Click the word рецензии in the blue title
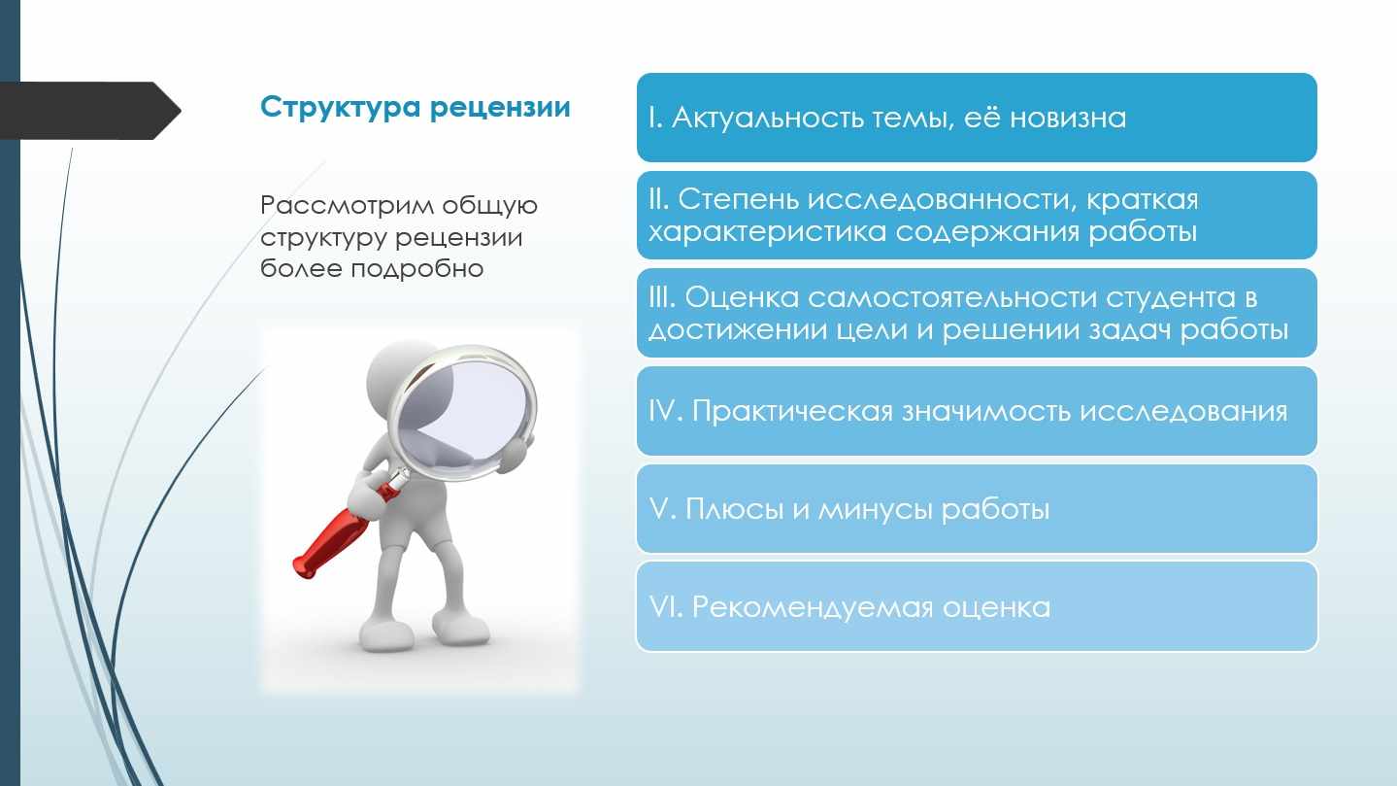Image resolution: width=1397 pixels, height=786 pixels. pos(500,108)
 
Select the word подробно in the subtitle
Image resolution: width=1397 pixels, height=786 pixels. pos(417,269)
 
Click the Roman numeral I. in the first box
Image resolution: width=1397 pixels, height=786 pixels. pos(655,118)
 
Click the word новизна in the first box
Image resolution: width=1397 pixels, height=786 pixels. pos(1068,118)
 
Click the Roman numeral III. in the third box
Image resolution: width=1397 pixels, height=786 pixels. pos(662,297)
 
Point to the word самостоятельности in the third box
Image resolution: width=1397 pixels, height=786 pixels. pos(952,298)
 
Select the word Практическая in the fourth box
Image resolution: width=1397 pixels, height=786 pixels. pos(793,411)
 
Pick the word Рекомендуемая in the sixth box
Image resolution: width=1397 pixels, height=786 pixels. pos(813,607)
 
